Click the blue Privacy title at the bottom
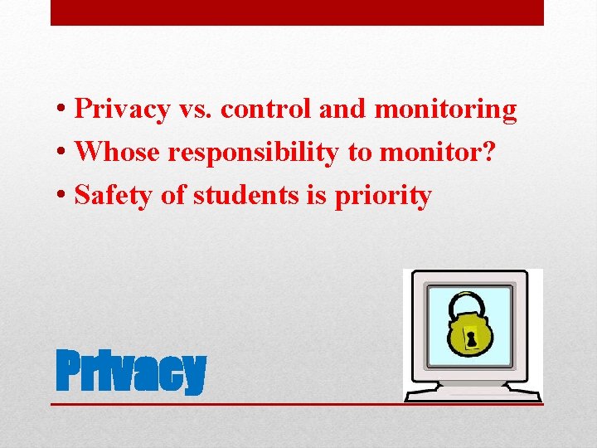coord(130,372)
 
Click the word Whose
coord(117,153)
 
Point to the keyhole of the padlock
coord(472,338)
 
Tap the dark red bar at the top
coord(297,12)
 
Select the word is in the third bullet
coord(321,196)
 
